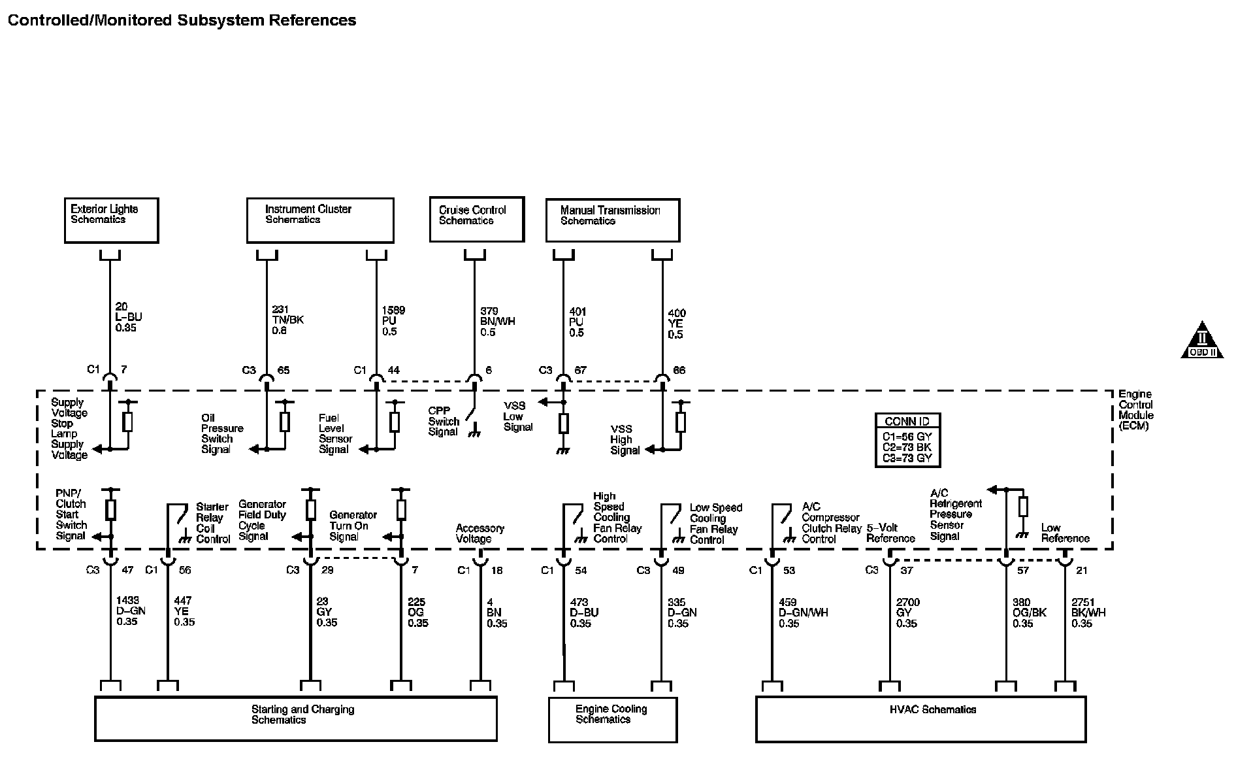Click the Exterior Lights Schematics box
point(111,220)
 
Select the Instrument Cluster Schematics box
point(320,220)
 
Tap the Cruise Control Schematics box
point(477,219)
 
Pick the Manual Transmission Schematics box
point(612,220)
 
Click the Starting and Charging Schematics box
point(296,718)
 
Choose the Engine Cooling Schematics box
point(612,719)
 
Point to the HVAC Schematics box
point(920,718)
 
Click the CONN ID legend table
point(907,440)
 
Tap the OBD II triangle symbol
point(1201,341)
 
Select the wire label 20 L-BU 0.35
point(128,317)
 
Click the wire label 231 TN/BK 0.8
point(287,320)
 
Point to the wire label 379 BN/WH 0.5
point(497,322)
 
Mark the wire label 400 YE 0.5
point(676,324)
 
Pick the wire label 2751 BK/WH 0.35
point(1088,613)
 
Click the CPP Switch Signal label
point(444,421)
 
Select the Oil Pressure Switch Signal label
point(222,433)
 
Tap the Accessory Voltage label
point(480,533)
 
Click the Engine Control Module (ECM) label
point(1135,410)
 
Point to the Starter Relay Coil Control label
point(213,523)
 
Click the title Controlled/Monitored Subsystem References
point(182,20)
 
